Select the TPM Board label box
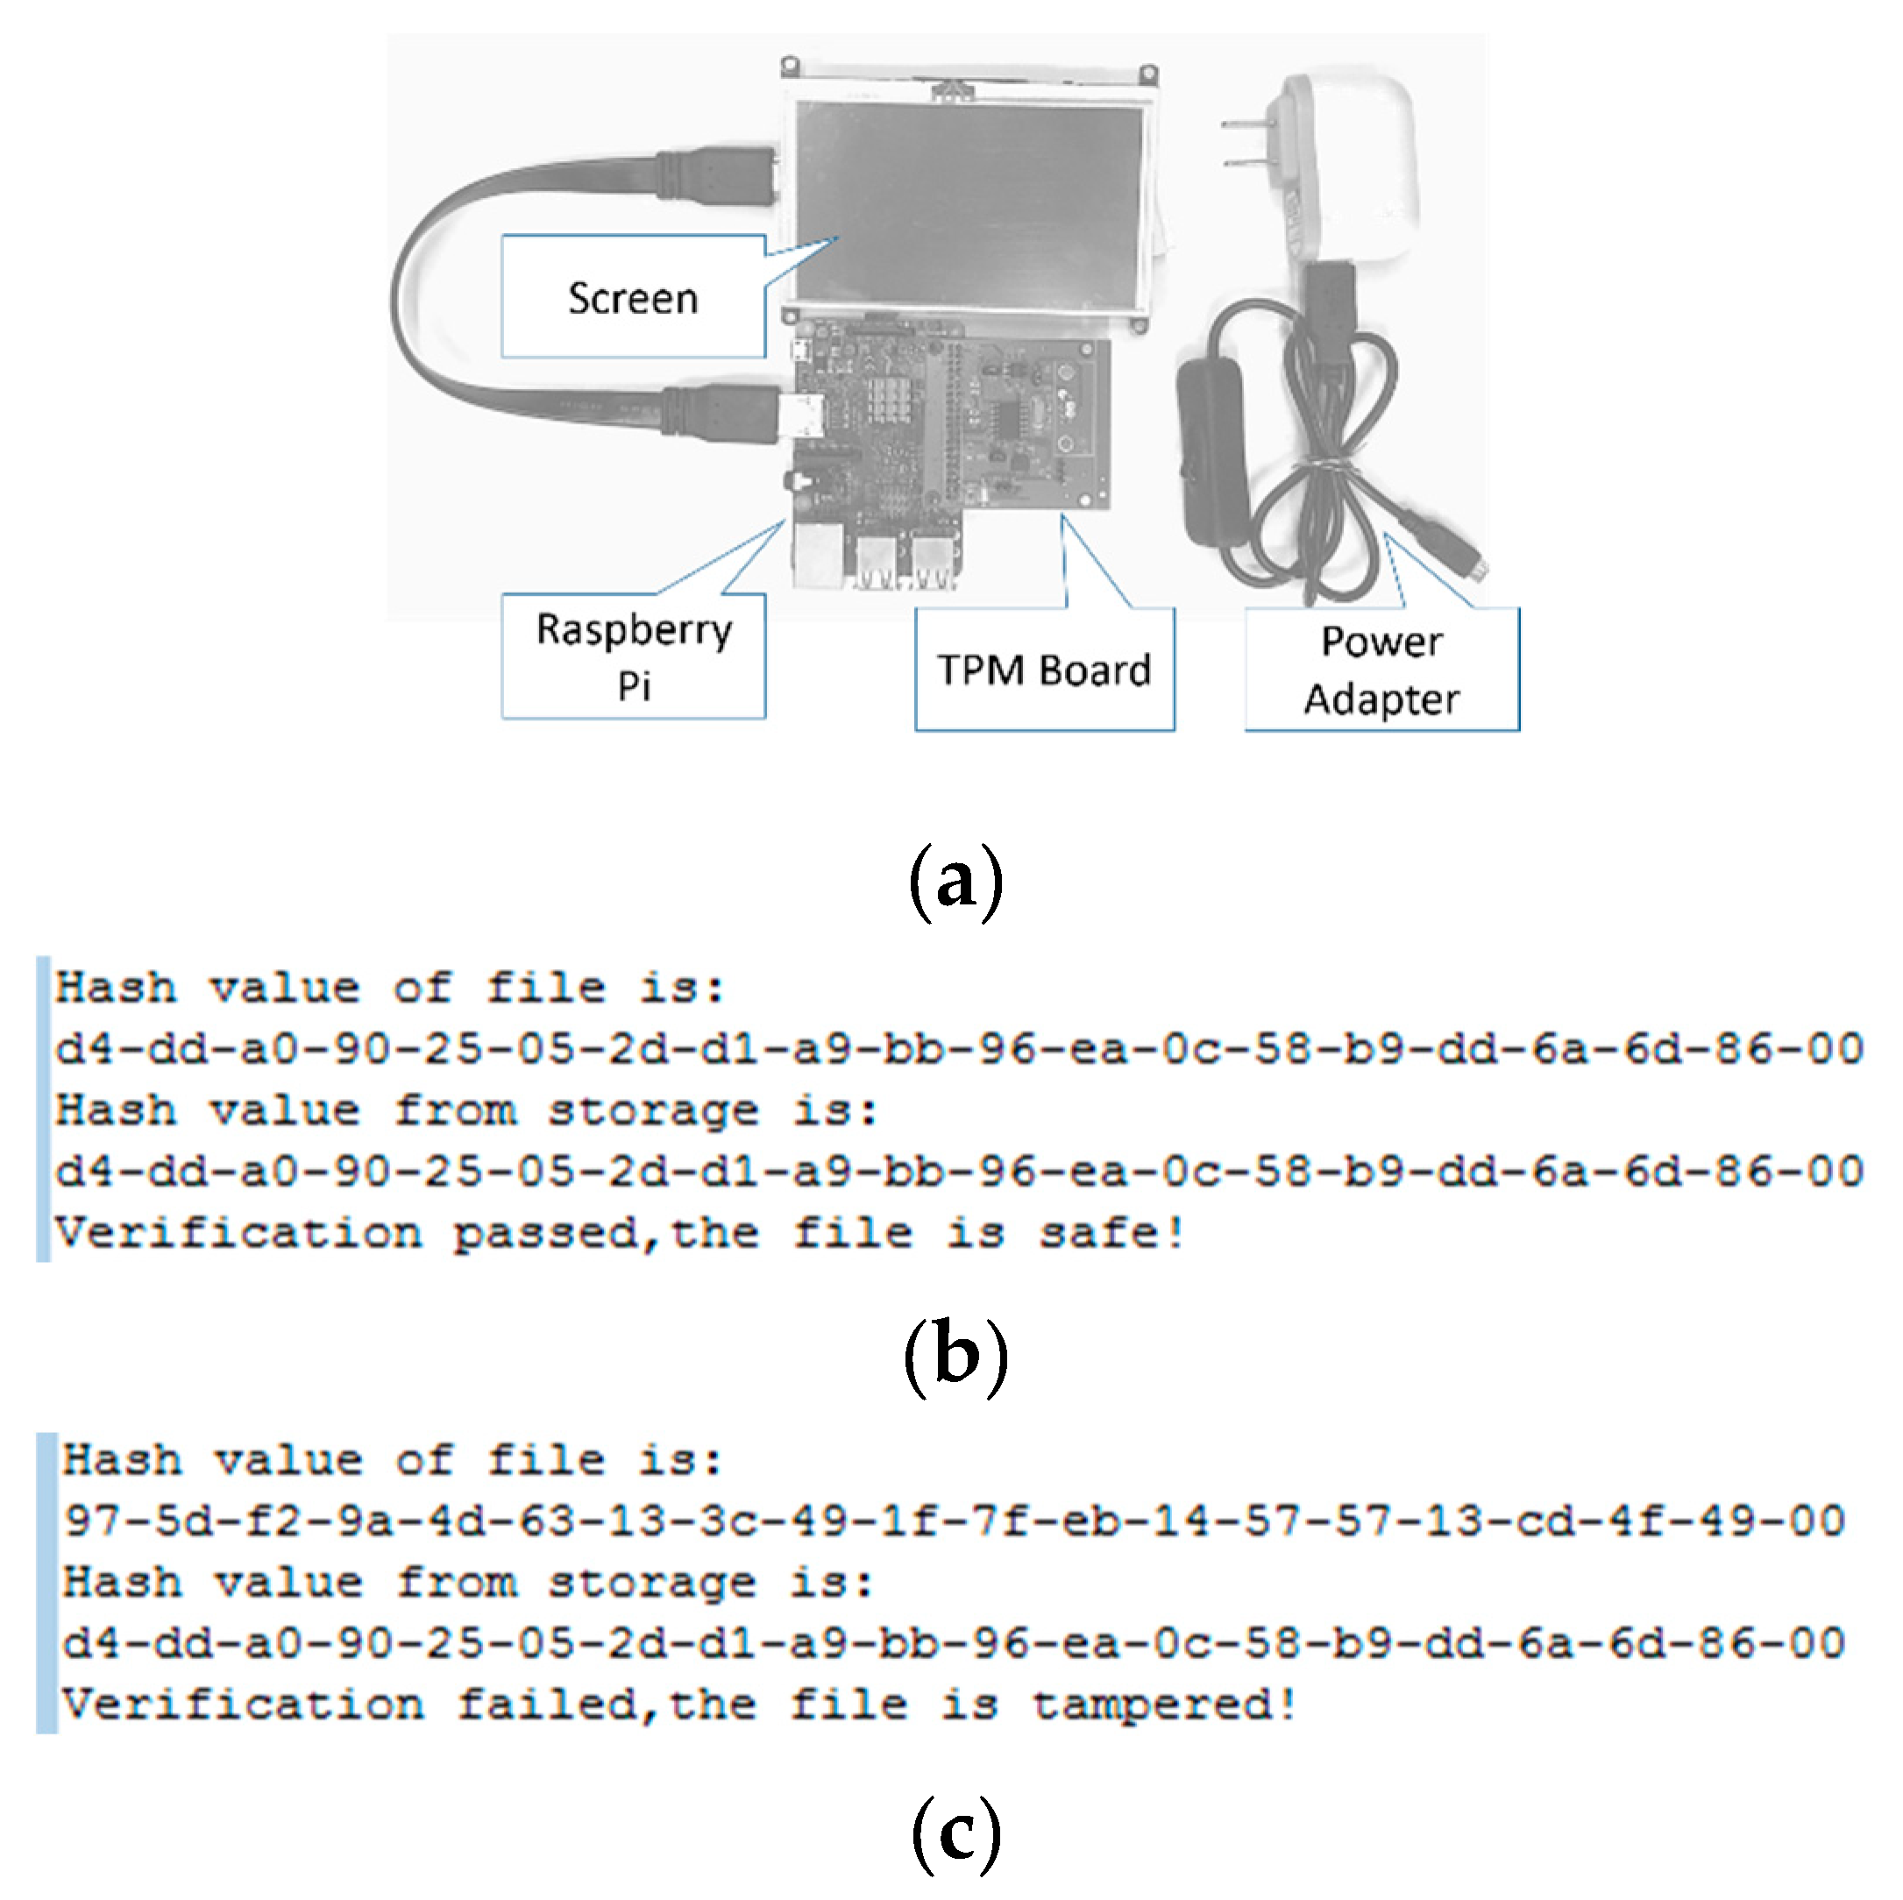click(1043, 670)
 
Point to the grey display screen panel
click(970, 197)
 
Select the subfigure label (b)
click(955, 1355)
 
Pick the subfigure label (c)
click(955, 1832)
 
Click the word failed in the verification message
click(547, 1705)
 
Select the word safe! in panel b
click(1111, 1234)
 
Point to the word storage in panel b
click(652, 1112)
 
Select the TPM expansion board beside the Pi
click(1034, 423)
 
